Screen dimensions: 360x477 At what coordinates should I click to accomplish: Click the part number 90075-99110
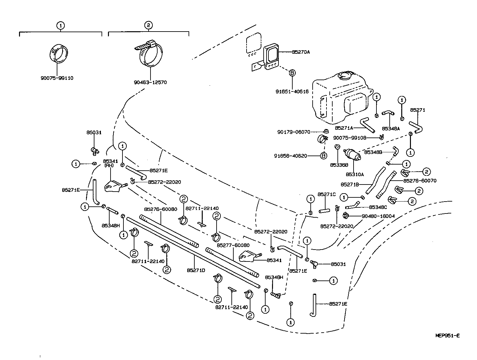tap(57, 78)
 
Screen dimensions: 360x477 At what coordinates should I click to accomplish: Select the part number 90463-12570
tap(150, 82)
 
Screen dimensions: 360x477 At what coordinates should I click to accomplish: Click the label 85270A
tap(301, 52)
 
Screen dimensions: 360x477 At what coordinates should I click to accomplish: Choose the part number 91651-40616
tap(292, 92)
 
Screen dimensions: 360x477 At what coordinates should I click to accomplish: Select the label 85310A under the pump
tap(355, 174)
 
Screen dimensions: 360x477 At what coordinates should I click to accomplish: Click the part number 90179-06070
tap(294, 132)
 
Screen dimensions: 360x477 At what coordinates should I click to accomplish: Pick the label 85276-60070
tap(420, 181)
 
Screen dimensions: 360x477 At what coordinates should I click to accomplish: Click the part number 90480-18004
tap(378, 216)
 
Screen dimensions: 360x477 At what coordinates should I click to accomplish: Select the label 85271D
tap(196, 270)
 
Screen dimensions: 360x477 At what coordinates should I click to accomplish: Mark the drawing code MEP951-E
tap(447, 335)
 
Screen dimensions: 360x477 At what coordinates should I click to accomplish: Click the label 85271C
tap(326, 194)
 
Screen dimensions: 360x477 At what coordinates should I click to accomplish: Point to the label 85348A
tap(391, 128)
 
